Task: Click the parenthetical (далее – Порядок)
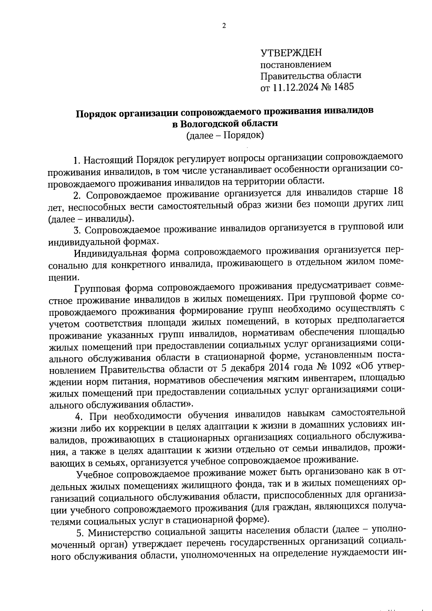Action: (225, 136)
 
